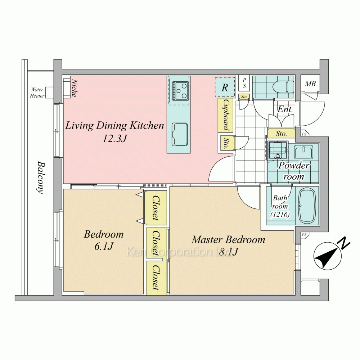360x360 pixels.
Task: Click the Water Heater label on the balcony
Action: pos(37,93)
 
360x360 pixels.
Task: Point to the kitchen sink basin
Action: pos(180,135)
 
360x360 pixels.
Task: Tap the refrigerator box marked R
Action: pos(225,87)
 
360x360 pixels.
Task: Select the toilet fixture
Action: pos(283,87)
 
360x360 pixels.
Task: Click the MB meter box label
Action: pos(310,84)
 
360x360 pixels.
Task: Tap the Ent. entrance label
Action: pos(285,109)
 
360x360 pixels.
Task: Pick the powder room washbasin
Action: pos(303,152)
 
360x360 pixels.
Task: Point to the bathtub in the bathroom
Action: pos(307,206)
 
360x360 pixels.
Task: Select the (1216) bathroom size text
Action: pos(280,215)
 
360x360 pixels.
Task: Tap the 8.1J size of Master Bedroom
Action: pos(229,252)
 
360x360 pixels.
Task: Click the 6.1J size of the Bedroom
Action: pos(104,246)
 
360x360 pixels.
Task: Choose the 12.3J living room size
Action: pos(115,139)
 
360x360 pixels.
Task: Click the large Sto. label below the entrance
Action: pos(281,134)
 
